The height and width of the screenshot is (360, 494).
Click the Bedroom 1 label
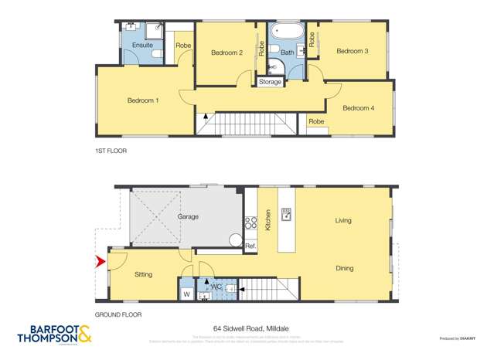point(143,100)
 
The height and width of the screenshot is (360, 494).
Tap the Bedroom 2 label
point(227,53)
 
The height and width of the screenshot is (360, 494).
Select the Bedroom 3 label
point(352,51)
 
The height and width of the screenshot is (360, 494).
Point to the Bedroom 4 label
point(358,108)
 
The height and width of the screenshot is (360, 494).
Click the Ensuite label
point(142,46)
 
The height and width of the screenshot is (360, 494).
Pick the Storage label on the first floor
point(270,82)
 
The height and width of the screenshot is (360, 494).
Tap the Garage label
point(188,217)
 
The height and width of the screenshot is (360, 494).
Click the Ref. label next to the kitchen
point(250,246)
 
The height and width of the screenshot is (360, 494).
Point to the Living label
point(343,221)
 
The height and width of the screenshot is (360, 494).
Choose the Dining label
point(344,268)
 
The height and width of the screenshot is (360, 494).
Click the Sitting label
point(144,274)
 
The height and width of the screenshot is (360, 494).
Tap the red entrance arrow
point(99,263)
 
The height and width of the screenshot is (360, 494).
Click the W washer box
point(187,294)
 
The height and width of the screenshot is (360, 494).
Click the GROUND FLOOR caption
point(118,315)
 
